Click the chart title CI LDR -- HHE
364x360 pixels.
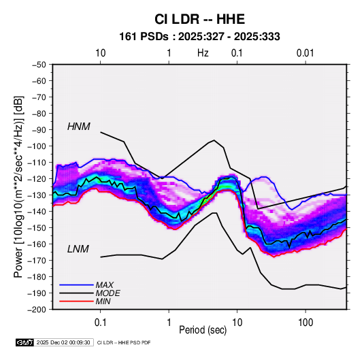[199, 19]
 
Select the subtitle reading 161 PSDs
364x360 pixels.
[144, 37]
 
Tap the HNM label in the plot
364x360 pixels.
[79, 127]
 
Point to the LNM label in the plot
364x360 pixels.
[78, 249]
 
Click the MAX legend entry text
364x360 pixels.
[105, 285]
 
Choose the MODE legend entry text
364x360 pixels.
[107, 293]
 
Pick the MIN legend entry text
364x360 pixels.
[103, 301]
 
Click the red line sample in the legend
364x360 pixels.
[76, 301]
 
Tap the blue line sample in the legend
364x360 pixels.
[76, 285]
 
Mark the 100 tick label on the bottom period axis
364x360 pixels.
[305, 323]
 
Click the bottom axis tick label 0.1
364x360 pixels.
[100, 323]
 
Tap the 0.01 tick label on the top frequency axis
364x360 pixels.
[305, 53]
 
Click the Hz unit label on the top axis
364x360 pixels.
[203, 53]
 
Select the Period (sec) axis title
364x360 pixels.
[203, 330]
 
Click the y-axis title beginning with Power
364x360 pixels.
[18, 187]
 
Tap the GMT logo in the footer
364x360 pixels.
[25, 342]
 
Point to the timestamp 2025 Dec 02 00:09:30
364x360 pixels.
[63, 342]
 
